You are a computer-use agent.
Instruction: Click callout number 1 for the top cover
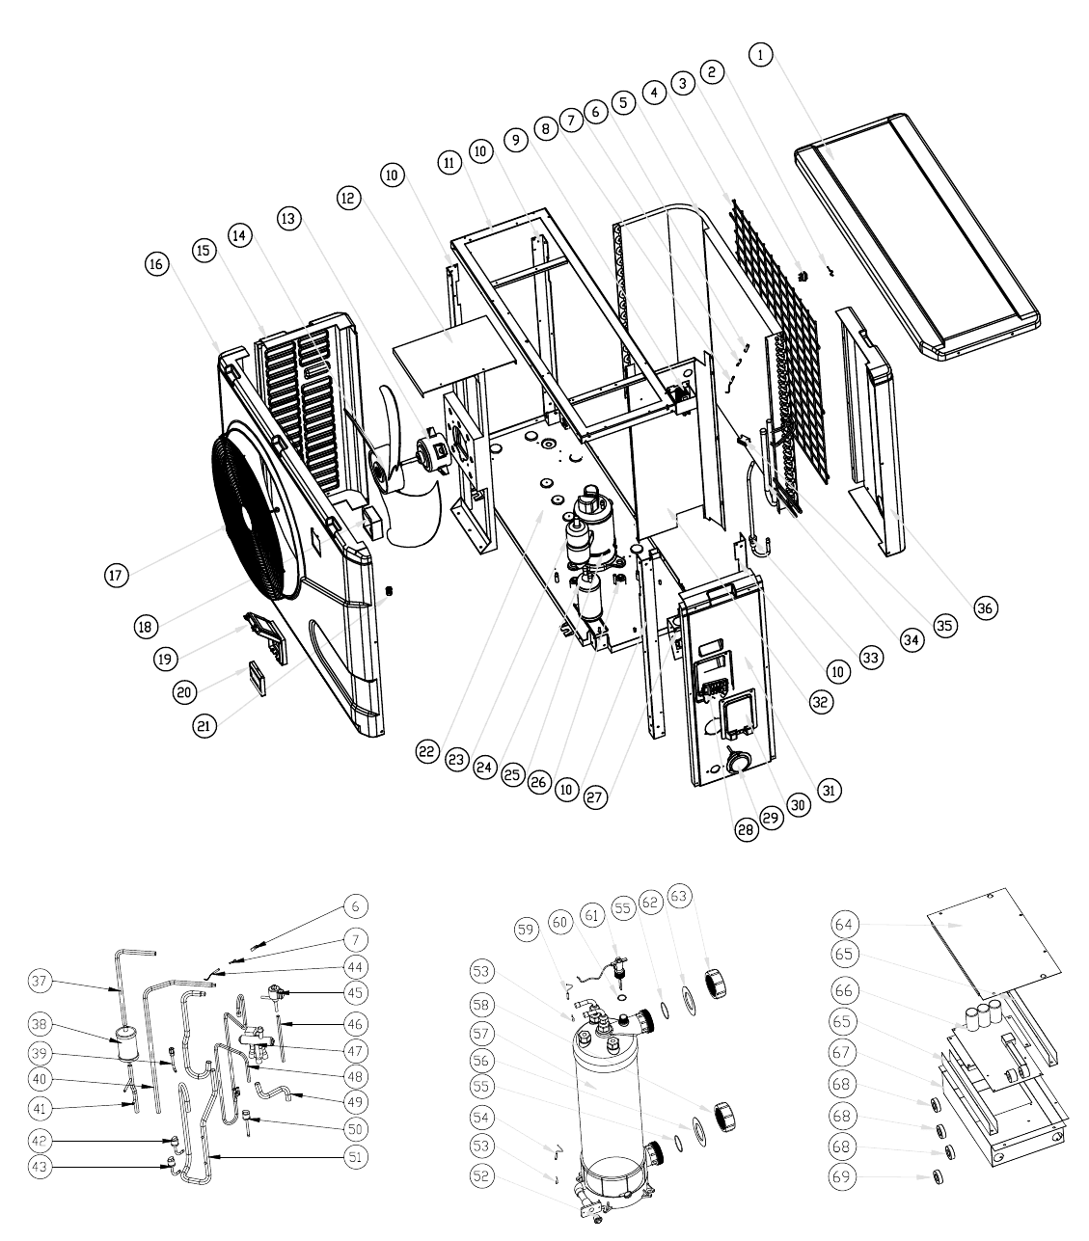pyautogui.click(x=760, y=55)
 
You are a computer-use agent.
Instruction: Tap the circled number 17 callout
pyautogui.click(x=117, y=575)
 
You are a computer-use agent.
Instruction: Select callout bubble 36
pyautogui.click(x=986, y=607)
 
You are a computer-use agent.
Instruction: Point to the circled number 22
pyautogui.click(x=427, y=751)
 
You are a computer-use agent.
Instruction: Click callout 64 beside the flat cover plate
pyautogui.click(x=844, y=925)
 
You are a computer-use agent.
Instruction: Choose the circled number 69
pyautogui.click(x=841, y=1176)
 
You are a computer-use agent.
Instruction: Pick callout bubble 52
pyautogui.click(x=481, y=1176)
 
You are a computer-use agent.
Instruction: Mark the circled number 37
pyautogui.click(x=40, y=981)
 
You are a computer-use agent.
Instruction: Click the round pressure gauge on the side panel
pyautogui.click(x=735, y=762)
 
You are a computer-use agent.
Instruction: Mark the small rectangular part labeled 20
pyautogui.click(x=258, y=678)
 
